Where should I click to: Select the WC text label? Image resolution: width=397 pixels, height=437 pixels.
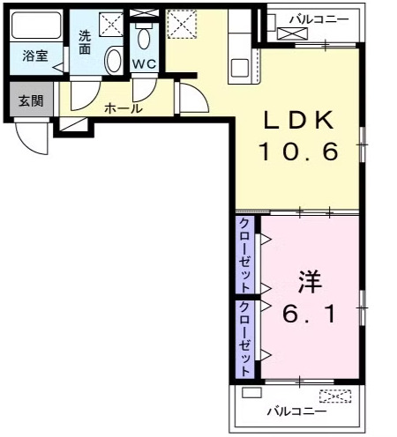point(144,64)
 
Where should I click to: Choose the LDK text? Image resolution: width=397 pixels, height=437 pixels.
point(298,121)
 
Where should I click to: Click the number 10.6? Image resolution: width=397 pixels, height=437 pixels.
point(298,153)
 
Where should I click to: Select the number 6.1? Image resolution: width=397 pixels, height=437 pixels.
point(308,314)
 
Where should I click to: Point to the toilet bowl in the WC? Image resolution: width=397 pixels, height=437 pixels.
point(144,40)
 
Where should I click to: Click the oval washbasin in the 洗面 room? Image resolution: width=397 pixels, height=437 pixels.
point(112,61)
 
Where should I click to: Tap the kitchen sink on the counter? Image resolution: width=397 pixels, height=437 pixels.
point(241,68)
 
